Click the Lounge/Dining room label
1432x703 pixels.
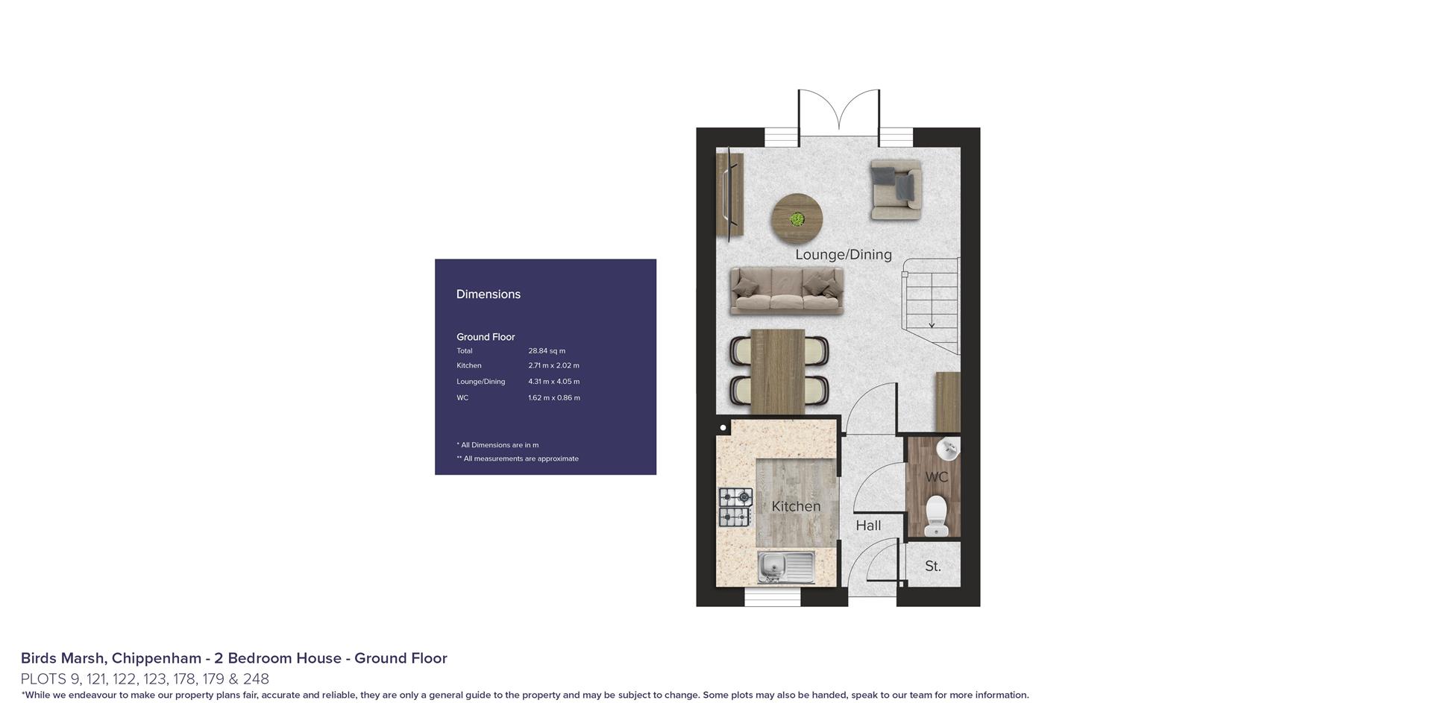[843, 254]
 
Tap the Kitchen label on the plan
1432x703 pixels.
[796, 506]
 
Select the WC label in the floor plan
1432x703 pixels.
[936, 477]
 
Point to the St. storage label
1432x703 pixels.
[932, 566]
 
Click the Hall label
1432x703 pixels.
[868, 526]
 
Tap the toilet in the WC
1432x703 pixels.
[935, 516]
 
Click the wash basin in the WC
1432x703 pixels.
[948, 450]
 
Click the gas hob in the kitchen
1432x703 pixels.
[735, 506]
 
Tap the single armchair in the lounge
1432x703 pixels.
[896, 189]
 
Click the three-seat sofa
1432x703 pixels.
[787, 290]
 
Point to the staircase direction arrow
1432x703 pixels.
[932, 323]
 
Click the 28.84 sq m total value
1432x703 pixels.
[547, 350]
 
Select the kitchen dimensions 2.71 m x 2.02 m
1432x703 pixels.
[553, 365]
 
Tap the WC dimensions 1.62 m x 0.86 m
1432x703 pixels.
[553, 397]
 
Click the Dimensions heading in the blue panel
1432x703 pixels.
[489, 294]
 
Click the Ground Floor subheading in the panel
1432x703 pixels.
[486, 337]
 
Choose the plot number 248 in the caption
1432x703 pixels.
[256, 679]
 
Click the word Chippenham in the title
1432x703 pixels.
[156, 658]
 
